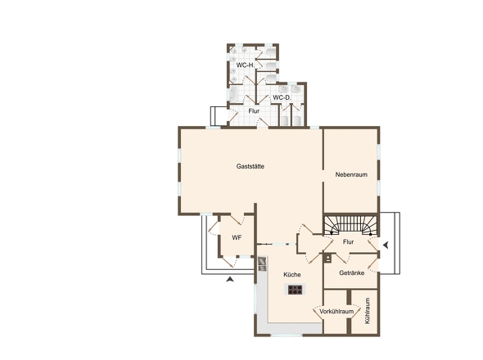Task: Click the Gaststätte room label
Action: (251, 166)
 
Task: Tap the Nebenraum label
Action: (351, 174)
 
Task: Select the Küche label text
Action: (292, 274)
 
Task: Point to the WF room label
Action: (237, 238)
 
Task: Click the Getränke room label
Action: (351, 272)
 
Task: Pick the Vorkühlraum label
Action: (336, 312)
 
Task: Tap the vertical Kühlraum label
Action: (367, 310)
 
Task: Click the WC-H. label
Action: (246, 65)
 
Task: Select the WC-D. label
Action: (282, 97)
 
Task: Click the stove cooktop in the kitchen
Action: (295, 290)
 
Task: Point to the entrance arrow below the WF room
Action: (230, 279)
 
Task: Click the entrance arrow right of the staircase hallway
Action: (386, 245)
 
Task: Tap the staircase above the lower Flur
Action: (351, 225)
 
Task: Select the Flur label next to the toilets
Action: (254, 111)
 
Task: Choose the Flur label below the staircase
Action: (348, 242)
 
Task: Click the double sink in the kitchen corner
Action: (262, 264)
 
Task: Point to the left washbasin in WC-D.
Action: (283, 89)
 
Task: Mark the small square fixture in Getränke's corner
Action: (328, 258)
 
